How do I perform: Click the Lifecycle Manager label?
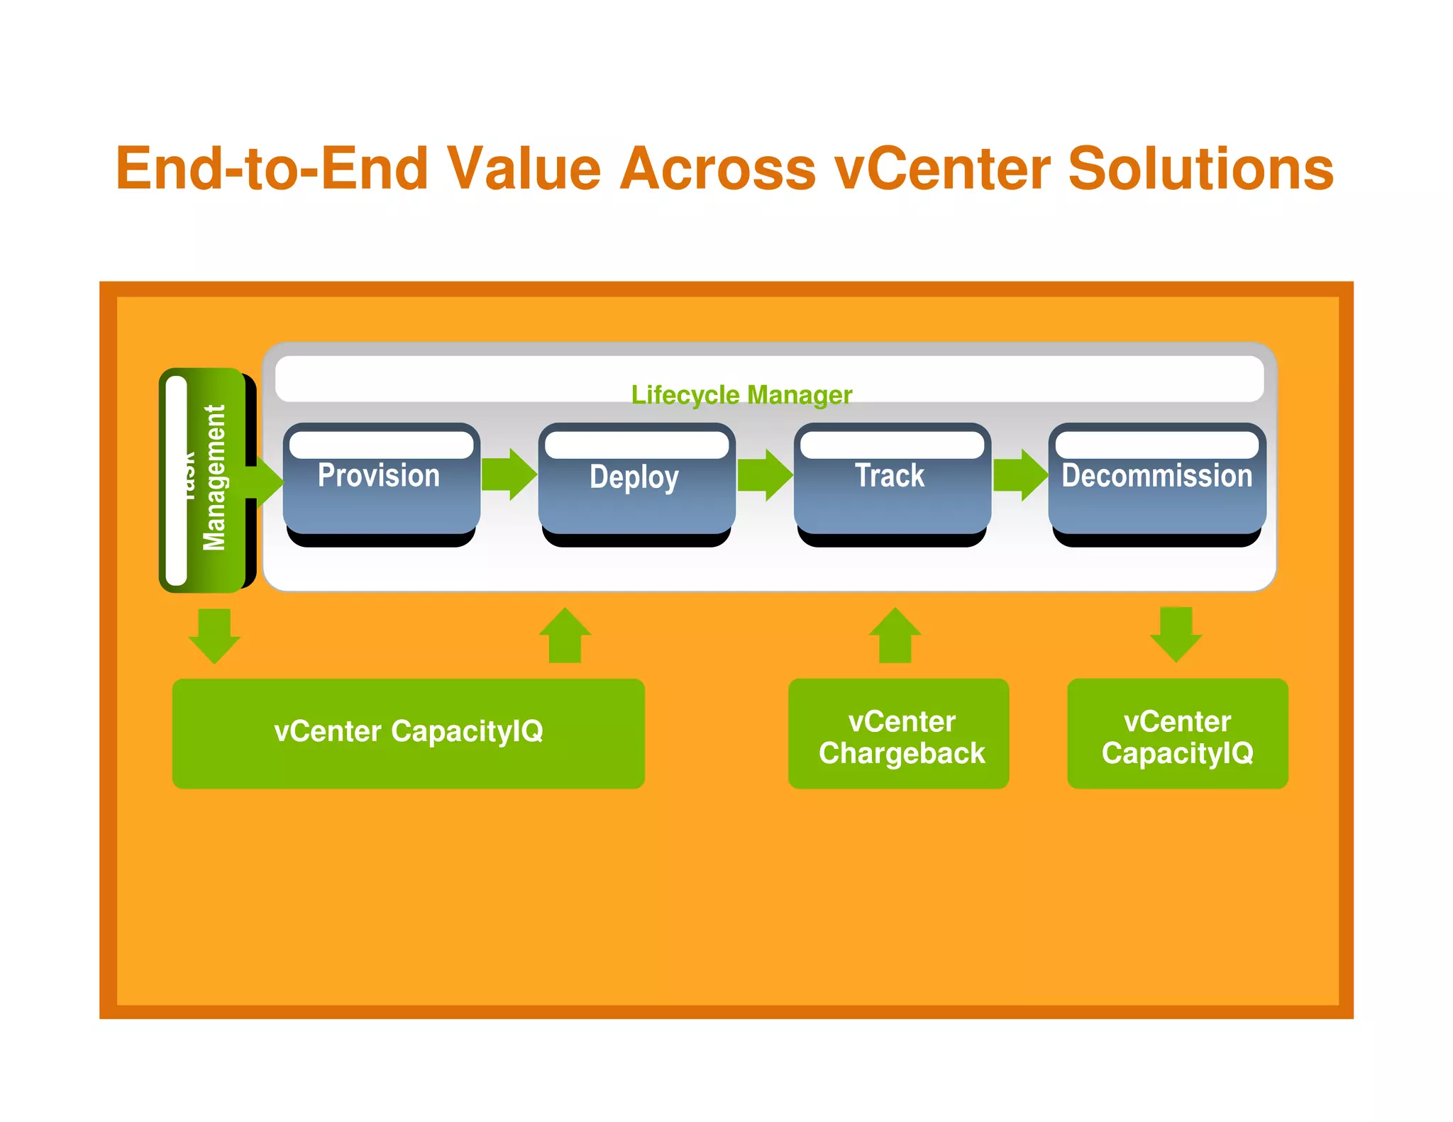tap(741, 395)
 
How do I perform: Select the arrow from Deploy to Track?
tap(765, 474)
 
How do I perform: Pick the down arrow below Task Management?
tap(214, 635)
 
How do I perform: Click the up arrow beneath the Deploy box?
tap(565, 635)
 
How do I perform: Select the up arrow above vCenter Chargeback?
tap(895, 635)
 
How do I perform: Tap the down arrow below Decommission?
tap(1176, 633)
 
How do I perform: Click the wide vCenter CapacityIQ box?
tap(408, 733)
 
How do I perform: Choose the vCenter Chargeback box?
tap(898, 733)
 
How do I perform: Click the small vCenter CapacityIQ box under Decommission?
tap(1177, 733)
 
